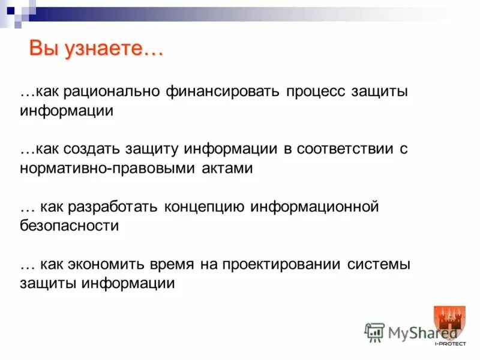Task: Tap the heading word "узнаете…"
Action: [x=113, y=49]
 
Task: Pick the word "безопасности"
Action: [x=69, y=226]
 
